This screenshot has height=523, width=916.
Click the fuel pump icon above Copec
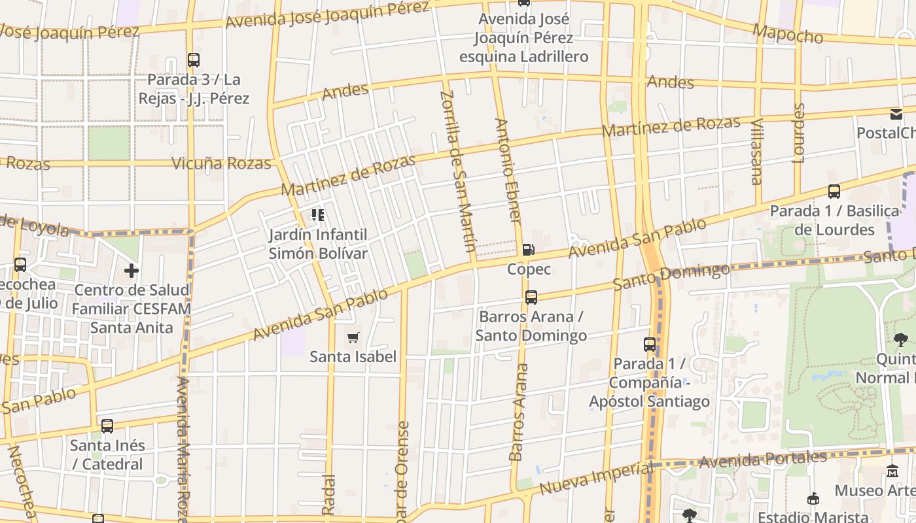528,249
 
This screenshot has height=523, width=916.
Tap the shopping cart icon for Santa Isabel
353,337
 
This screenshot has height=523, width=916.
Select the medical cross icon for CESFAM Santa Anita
132,270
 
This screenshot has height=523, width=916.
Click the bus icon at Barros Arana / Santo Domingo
531,297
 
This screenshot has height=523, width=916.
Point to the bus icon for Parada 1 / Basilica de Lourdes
834,192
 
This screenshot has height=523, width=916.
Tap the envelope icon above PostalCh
896,114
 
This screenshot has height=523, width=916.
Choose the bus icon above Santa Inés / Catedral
107,426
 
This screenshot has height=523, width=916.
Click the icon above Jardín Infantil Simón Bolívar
318,215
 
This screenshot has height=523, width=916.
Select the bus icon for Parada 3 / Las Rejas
194,60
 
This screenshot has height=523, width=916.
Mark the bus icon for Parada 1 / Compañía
650,344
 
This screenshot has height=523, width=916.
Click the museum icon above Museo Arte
892,471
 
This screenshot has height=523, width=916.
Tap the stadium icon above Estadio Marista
813,499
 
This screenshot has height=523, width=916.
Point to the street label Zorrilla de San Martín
457,171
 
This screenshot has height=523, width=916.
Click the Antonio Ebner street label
508,171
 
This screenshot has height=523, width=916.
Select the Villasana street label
757,152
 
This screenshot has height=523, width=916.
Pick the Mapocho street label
788,34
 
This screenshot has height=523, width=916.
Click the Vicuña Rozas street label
221,163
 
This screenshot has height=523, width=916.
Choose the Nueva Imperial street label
596,479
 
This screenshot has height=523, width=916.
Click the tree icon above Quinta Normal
901,339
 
